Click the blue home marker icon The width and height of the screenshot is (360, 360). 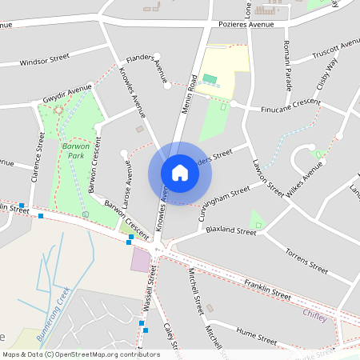coord(180,173)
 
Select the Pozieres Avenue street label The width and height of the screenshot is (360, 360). coord(246,25)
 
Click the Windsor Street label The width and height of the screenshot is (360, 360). coord(45,61)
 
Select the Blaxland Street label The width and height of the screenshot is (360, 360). coord(230,230)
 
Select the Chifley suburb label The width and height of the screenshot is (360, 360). coord(315,314)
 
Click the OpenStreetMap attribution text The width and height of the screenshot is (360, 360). coord(80,354)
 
